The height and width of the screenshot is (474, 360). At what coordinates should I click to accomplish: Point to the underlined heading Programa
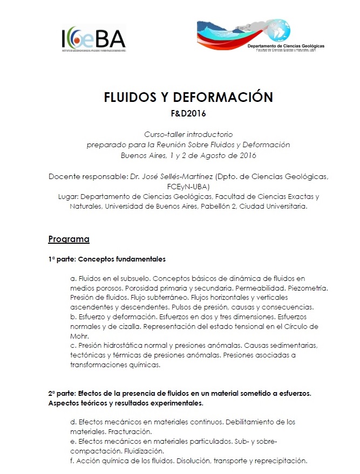(69, 238)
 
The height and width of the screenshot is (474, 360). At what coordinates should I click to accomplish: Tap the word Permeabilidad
(261, 288)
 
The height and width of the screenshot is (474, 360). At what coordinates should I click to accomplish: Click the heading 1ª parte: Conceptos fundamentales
(106, 259)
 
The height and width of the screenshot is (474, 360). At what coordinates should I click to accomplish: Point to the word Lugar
(68, 196)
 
